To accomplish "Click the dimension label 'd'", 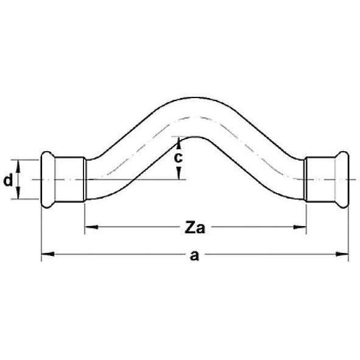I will coord(8,180).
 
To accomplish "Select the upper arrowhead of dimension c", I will coord(178,143).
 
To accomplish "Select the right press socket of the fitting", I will coord(322,180).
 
